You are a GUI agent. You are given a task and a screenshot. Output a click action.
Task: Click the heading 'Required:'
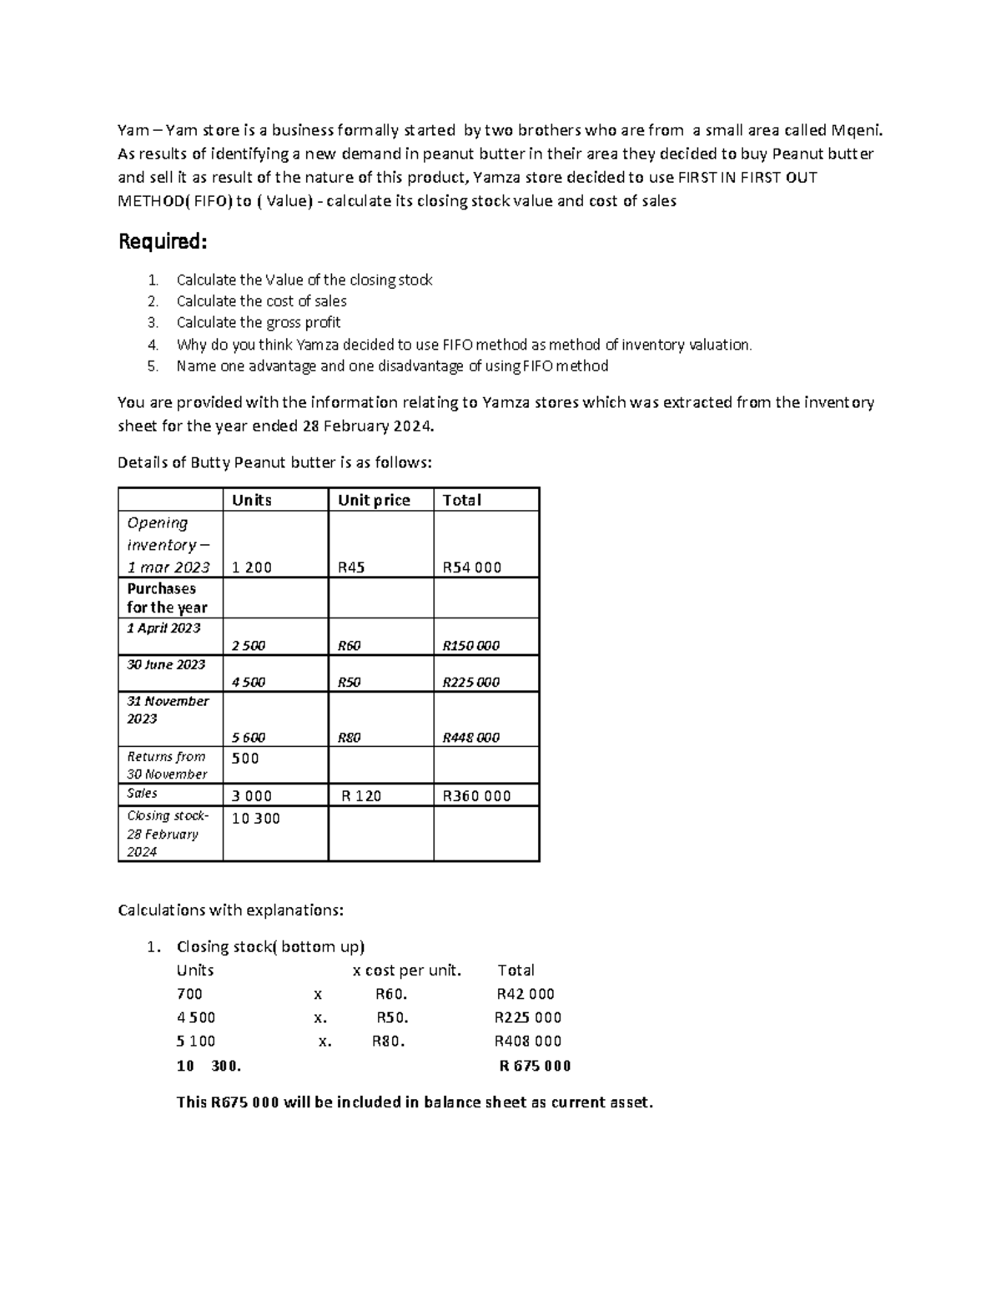coord(162,242)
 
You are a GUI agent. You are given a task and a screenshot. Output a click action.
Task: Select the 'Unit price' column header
coord(374,500)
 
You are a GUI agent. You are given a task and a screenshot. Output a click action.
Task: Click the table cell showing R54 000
coord(471,567)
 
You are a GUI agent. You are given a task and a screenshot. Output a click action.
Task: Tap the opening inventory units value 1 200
coord(252,567)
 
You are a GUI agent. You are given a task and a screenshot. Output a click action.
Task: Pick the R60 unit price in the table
coord(349,645)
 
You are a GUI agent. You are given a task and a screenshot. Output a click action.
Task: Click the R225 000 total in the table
coord(470,682)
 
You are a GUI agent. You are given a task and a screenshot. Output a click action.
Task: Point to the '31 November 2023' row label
coord(168,709)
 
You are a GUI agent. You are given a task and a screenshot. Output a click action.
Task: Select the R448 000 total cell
coord(470,737)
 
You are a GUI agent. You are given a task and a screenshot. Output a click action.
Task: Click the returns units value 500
coord(245,758)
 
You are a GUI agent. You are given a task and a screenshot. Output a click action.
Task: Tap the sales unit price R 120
coord(361,795)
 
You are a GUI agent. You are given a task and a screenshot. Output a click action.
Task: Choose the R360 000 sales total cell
coord(476,795)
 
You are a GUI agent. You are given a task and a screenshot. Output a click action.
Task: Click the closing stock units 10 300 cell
coord(255,818)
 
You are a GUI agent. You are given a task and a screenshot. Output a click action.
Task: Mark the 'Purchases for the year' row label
coord(167,598)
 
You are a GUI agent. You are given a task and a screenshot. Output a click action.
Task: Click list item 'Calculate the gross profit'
coord(259,322)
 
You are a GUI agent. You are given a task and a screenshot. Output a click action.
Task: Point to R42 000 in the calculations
coord(526,993)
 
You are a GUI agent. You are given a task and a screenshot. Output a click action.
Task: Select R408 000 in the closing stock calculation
coord(528,1041)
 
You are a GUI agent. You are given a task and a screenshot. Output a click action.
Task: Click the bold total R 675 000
coord(535,1066)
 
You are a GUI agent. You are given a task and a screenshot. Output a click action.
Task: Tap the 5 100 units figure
coord(196,1041)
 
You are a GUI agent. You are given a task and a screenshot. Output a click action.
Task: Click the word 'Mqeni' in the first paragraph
coord(855,129)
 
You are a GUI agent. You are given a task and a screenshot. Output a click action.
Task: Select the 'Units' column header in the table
coord(251,500)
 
